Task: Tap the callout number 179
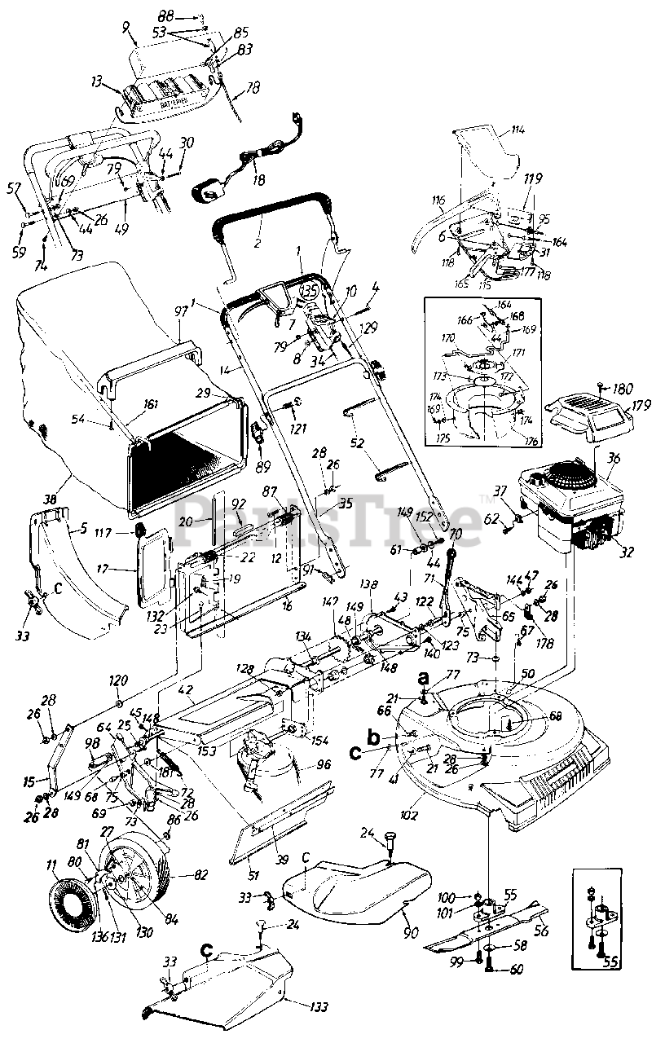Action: [641, 405]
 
